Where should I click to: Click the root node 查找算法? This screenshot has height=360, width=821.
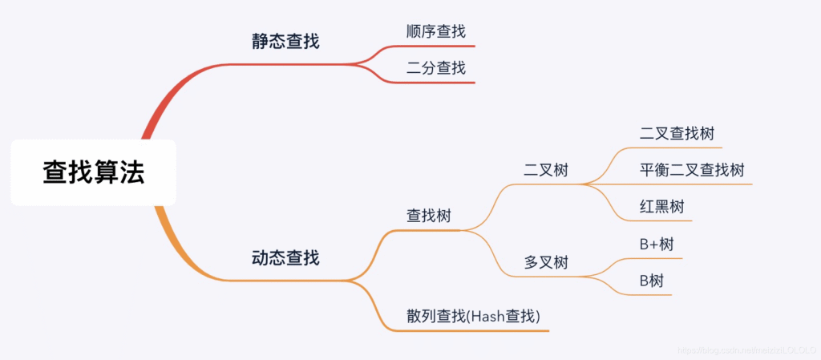coord(93,172)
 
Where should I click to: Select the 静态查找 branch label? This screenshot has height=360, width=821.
coord(285,41)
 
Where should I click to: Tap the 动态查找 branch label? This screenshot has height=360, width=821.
coord(285,258)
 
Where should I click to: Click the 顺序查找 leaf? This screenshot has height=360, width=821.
coord(435,32)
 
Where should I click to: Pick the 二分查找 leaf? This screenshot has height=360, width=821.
coord(435,68)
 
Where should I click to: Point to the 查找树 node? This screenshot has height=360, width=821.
coord(429,216)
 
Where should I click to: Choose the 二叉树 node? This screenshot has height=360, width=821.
coord(546,170)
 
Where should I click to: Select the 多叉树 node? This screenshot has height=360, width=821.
coord(546,262)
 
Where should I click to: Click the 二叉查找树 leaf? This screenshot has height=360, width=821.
coord(677,134)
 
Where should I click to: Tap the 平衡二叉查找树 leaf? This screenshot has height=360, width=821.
coord(692,170)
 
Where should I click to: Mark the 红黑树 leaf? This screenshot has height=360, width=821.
coord(661,207)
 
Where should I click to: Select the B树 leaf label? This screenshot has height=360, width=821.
coord(651,281)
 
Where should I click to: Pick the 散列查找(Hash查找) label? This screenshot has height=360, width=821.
coord(473,316)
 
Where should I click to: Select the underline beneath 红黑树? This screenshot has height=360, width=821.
coord(661,221)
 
